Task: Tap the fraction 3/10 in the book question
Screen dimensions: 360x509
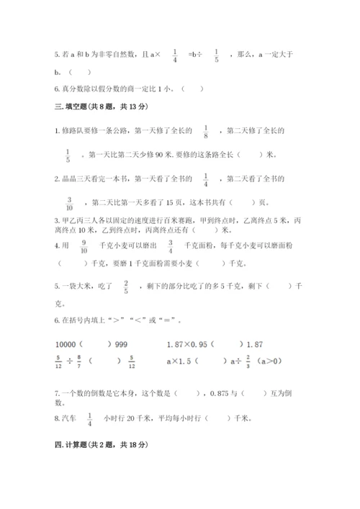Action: (x=70, y=201)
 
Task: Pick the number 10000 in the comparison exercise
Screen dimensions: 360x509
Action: (x=67, y=344)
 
